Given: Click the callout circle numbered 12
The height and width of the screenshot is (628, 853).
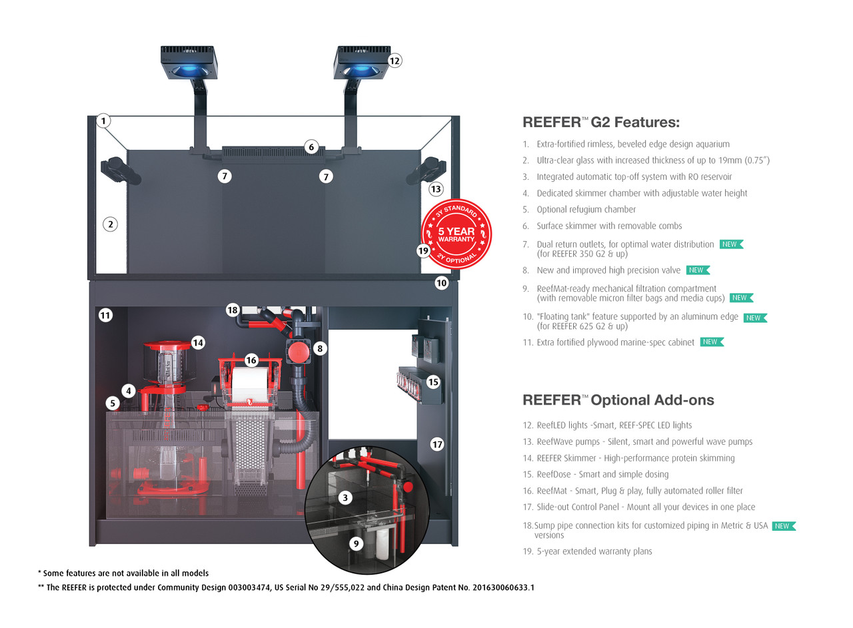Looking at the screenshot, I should pos(395,61).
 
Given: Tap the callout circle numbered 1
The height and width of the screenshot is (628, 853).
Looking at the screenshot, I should pos(103,121).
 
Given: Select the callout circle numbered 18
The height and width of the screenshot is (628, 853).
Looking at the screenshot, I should pos(233,310).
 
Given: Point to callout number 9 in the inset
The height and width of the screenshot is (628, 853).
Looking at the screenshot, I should pos(356,543).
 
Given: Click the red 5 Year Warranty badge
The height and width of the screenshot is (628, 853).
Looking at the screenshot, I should pos(456,234).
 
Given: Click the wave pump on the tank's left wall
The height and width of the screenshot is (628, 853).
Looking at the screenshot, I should pos(121,170).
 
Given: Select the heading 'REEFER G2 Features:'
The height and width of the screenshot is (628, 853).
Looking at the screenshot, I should pos(600,123).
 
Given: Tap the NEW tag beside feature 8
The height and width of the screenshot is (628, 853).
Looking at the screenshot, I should pos(697,270).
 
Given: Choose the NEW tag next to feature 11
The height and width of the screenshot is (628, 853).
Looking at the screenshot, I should pos(711,342).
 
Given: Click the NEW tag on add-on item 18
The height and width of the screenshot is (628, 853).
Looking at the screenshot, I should pos(783,526).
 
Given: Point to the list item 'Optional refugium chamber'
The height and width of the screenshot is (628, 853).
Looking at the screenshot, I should pos(586,209).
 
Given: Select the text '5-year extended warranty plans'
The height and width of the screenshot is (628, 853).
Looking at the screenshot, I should pos(594,551).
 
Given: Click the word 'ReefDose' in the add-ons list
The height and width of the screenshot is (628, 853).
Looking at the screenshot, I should pos(556,474).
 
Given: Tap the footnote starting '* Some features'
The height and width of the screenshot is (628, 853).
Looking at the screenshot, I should pos(123,573).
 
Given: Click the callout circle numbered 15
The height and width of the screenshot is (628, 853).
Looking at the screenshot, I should pos(433,382).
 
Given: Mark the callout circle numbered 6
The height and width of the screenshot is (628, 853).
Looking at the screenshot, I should pos(311,147).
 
